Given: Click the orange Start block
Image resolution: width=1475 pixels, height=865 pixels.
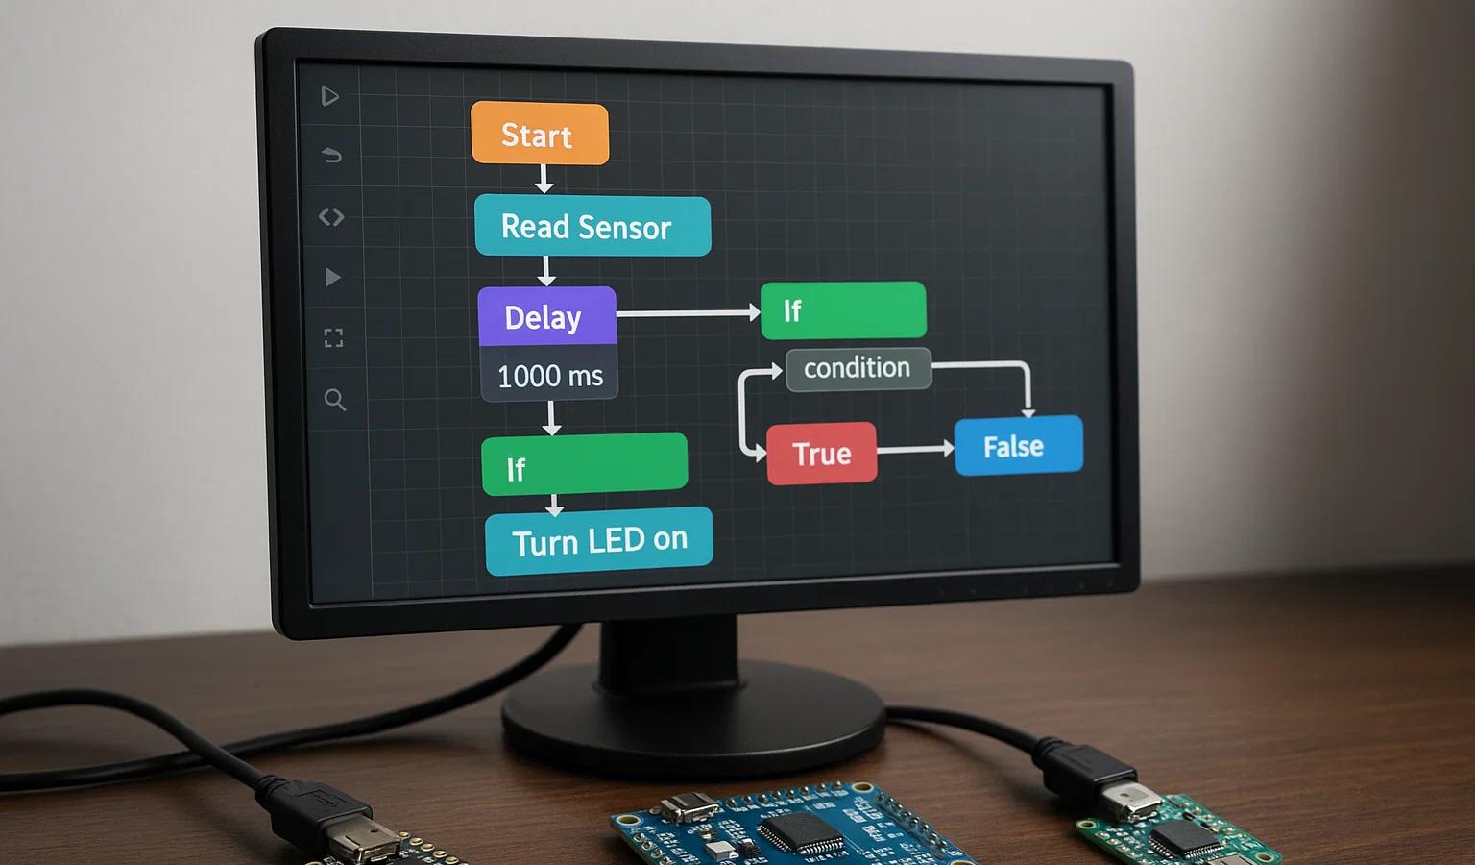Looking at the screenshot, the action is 540,134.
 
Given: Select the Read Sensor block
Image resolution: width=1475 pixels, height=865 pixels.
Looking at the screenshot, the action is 592,226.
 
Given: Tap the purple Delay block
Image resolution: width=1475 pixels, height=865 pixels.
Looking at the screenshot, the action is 547,316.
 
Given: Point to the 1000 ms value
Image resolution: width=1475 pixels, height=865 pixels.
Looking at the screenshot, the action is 550,376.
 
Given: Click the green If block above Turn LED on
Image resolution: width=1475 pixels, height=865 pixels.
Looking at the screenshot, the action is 585,464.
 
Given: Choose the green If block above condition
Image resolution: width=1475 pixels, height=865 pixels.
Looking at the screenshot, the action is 843,309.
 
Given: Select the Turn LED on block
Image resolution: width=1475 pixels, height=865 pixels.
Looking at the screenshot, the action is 599,540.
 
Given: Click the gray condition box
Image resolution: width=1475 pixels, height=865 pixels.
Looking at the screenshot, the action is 858,368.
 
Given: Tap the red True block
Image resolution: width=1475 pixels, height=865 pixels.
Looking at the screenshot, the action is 822,454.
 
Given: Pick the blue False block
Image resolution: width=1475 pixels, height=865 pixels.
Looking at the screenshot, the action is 1019,446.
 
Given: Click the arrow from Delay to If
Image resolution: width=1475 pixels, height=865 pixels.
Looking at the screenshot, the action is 689,313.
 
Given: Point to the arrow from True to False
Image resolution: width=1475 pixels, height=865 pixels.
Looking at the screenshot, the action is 916,450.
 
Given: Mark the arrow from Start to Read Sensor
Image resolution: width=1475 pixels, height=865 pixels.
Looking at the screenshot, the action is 544,179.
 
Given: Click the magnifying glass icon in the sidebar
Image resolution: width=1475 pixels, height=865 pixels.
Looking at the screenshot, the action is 334,400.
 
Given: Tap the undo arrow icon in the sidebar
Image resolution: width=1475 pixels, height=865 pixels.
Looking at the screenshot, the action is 332,156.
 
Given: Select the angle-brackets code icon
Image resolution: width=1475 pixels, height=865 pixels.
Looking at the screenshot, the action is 331,216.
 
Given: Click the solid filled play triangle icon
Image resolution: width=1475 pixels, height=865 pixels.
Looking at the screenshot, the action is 332,277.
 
